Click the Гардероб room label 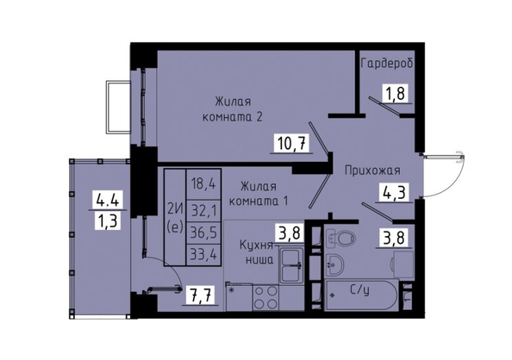(x=387, y=64)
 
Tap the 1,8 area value (x=395, y=94)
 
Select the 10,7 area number (x=292, y=144)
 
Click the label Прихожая (x=372, y=171)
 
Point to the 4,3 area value (x=394, y=193)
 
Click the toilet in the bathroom (x=340, y=238)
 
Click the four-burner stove (x=265, y=297)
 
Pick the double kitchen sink (x=292, y=264)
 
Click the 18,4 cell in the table (x=203, y=184)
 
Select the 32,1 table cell (x=203, y=211)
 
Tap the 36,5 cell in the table (x=203, y=233)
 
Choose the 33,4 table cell (x=203, y=255)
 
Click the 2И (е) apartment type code (x=175, y=217)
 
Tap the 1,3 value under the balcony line (x=108, y=221)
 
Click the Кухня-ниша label (x=257, y=252)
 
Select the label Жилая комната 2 (x=233, y=109)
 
